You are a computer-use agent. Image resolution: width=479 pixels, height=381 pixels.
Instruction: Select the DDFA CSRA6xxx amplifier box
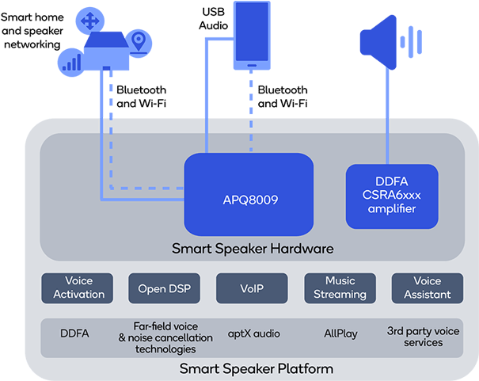click(x=392, y=196)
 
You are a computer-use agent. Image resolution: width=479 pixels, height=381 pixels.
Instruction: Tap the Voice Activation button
click(x=78, y=288)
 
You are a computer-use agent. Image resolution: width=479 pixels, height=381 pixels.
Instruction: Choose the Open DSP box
click(x=164, y=288)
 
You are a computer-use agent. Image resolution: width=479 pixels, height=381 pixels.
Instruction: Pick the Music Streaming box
click(x=340, y=288)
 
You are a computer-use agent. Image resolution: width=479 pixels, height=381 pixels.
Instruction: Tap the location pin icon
click(x=139, y=41)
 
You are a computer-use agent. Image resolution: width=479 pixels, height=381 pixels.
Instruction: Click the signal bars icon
click(x=71, y=60)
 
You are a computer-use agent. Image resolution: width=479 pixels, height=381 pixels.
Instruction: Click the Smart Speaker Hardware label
click(x=253, y=249)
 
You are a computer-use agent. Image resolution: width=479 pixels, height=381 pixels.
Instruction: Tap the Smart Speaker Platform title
click(x=256, y=368)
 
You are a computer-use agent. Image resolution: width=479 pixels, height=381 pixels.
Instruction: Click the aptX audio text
click(x=253, y=334)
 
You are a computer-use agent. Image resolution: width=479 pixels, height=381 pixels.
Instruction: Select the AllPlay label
click(x=340, y=334)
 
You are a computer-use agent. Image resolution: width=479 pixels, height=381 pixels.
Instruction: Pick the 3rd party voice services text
click(x=422, y=337)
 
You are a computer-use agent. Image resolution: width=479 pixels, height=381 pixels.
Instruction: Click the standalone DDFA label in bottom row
click(x=74, y=334)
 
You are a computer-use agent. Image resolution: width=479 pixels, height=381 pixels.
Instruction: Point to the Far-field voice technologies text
click(x=165, y=337)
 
